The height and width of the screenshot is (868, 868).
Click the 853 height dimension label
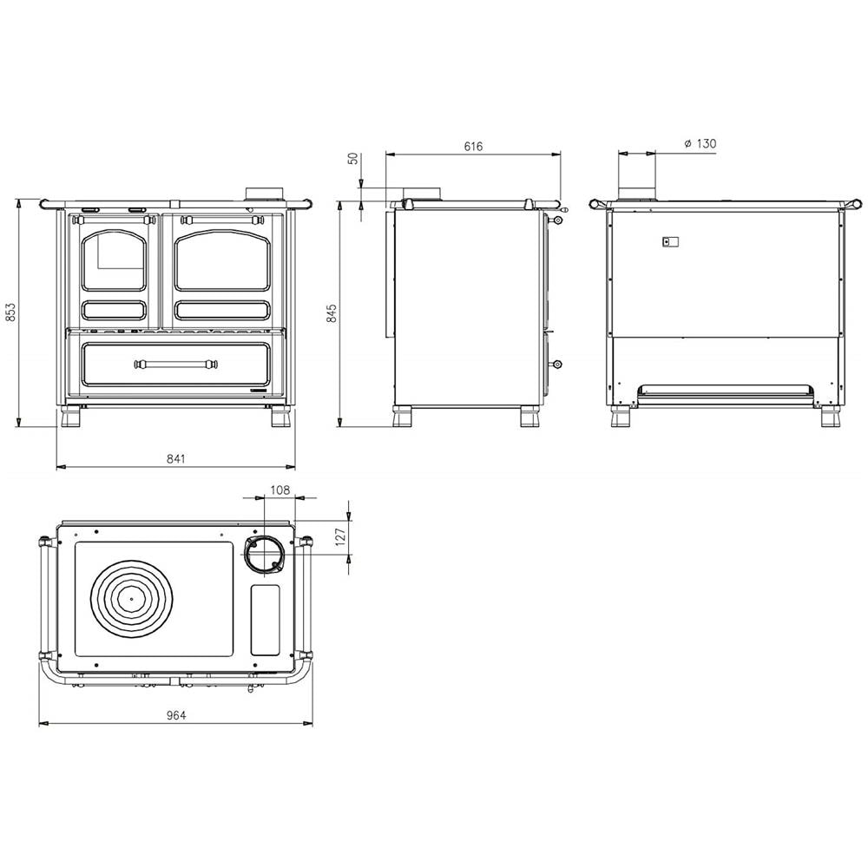coord(10,313)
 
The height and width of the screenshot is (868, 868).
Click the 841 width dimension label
coord(175,458)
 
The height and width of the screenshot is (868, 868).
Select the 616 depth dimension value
coord(473,147)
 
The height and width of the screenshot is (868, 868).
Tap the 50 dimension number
coord(352,160)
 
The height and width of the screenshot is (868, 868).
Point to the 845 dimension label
coord(331,313)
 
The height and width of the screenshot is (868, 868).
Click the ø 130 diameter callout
coord(700,143)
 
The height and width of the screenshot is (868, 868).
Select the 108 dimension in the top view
coord(280,490)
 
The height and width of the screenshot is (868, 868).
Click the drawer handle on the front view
coord(175,364)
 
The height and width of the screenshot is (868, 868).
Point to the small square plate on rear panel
coord(667,242)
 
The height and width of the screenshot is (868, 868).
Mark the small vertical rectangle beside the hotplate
coord(265,620)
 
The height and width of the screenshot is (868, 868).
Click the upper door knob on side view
coord(557,220)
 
